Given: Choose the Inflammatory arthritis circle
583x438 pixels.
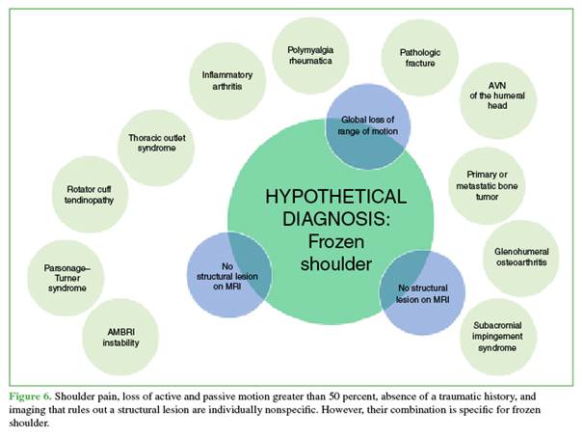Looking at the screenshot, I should pos(221,81).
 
